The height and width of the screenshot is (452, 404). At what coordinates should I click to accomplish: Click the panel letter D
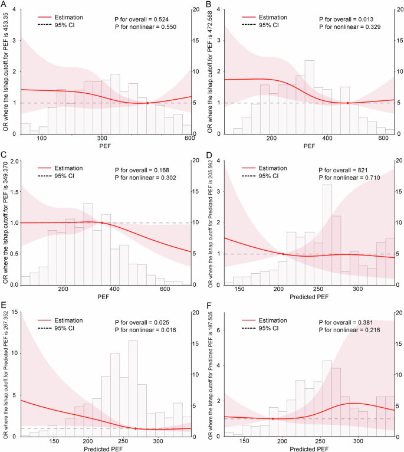[x=208, y=156]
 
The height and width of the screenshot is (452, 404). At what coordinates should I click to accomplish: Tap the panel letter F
[x=208, y=307]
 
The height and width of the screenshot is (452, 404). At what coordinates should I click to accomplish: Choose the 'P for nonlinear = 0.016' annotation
[x=146, y=328]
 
